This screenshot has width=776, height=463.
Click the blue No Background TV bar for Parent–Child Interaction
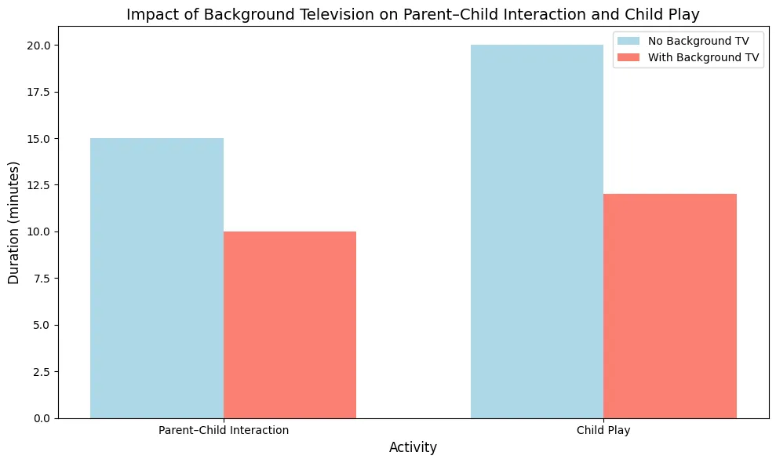tap(157, 279)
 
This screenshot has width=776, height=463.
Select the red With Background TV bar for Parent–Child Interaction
tap(290, 325)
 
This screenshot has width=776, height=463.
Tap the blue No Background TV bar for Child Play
tap(537, 231)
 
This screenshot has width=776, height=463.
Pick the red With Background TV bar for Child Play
tap(670, 306)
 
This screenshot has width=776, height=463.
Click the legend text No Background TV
tap(698, 41)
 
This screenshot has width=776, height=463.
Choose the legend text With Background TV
tap(703, 57)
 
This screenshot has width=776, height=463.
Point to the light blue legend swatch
tap(628, 41)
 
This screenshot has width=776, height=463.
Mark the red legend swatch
tap(628, 57)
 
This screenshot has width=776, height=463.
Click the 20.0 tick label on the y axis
tap(38, 46)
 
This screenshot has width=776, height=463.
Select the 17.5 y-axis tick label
tap(38, 92)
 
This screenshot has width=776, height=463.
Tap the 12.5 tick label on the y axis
tap(38, 185)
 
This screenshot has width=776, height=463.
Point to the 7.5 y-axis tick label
tap(42, 279)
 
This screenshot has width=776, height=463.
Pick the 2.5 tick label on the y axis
tap(42, 372)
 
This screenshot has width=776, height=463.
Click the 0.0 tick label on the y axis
tap(42, 418)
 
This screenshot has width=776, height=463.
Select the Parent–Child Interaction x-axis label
tap(224, 430)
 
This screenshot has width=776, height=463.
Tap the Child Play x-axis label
tap(603, 430)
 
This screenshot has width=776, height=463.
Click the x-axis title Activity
tap(414, 447)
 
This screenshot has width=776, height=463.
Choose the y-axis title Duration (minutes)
tap(13, 223)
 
